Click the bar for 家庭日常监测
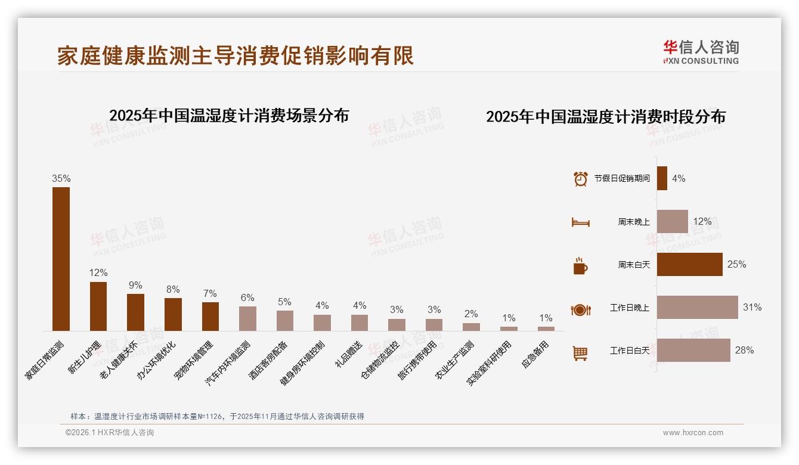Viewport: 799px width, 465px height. [x=61, y=259]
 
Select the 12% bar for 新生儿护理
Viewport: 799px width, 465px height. [x=98, y=306]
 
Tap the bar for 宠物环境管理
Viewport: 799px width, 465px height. [x=210, y=316]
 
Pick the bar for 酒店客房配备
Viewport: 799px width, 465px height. [x=285, y=320]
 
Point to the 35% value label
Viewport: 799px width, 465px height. [x=61, y=178]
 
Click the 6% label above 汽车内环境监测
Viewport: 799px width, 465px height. [x=247, y=298]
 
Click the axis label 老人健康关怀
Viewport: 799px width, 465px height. [x=122, y=360]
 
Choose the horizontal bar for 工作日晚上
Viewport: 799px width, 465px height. [x=697, y=308]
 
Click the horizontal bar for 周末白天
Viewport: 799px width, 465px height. [x=689, y=265]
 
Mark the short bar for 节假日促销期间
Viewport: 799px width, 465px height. [x=662, y=178]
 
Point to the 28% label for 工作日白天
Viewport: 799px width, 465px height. [x=744, y=351]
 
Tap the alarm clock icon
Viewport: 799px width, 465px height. [x=580, y=179]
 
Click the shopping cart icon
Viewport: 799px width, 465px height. [x=580, y=353]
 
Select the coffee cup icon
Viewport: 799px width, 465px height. [x=580, y=266]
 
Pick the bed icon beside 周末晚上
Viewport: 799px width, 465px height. [x=580, y=222]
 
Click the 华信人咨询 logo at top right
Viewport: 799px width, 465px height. [x=701, y=52]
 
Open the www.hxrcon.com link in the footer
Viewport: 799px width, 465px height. [x=693, y=433]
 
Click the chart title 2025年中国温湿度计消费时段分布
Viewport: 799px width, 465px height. [x=605, y=117]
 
